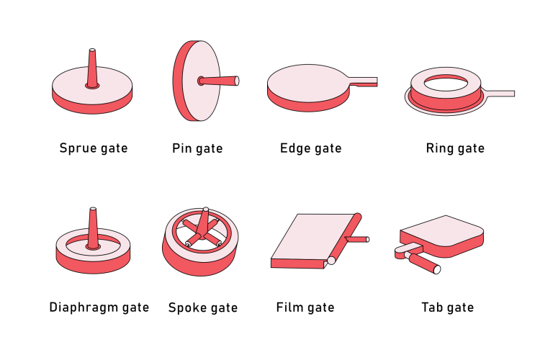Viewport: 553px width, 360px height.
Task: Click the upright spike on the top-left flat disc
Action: (92, 68)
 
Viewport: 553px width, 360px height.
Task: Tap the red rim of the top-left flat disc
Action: (92, 105)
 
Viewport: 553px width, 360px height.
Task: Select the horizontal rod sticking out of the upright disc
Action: (220, 81)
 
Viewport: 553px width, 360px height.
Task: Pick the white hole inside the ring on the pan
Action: (446, 84)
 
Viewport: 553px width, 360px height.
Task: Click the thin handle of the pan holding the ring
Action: (500, 94)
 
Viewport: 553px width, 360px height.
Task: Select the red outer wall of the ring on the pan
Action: (446, 102)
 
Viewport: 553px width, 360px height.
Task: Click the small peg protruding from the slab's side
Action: (357, 239)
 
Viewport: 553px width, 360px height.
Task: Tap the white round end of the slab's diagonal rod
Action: (331, 261)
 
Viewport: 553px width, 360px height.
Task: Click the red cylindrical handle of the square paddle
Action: (423, 263)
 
